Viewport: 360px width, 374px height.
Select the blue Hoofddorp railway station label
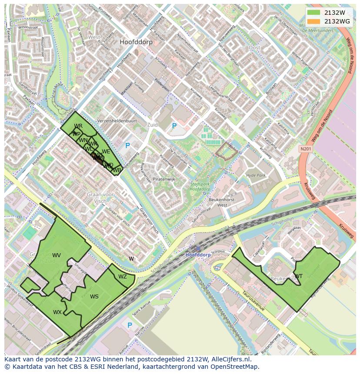click(x=198, y=255)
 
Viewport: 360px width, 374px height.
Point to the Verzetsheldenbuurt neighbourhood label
click(x=117, y=121)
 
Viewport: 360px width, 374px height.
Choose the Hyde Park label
click(x=256, y=175)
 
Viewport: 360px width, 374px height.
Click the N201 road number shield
click(x=306, y=149)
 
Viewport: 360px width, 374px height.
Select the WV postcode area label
click(x=57, y=255)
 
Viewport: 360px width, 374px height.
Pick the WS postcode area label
click(x=94, y=297)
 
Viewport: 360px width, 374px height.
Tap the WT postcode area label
click(x=299, y=276)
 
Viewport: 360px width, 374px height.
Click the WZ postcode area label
click(x=123, y=277)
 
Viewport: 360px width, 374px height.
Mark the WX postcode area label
click(x=57, y=312)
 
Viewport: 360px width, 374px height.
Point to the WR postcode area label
click(x=78, y=126)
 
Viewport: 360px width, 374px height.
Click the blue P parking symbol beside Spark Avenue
click(x=130, y=325)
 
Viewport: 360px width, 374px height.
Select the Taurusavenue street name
click(x=253, y=301)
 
